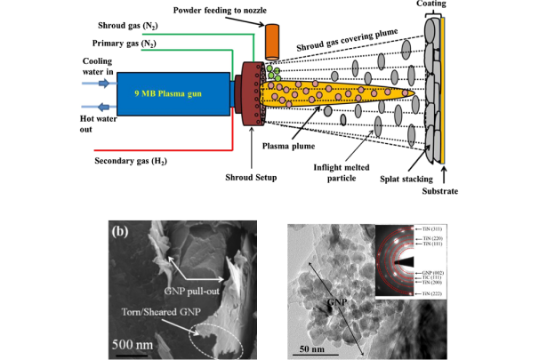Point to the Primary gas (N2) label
tap(124, 44)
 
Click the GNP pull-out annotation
tap(198, 291)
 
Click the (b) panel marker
tap(122, 237)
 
